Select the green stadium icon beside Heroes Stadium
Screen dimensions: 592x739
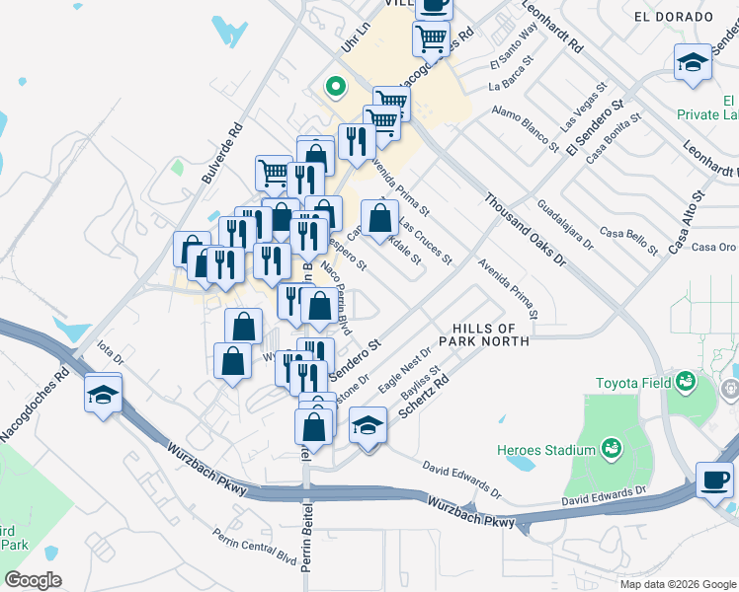coord(613,449)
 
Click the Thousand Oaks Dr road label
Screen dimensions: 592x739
coord(524,228)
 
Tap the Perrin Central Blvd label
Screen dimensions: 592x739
coord(255,545)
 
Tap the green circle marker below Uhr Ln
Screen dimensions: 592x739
coord(335,86)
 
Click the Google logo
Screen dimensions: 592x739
coord(33,580)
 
